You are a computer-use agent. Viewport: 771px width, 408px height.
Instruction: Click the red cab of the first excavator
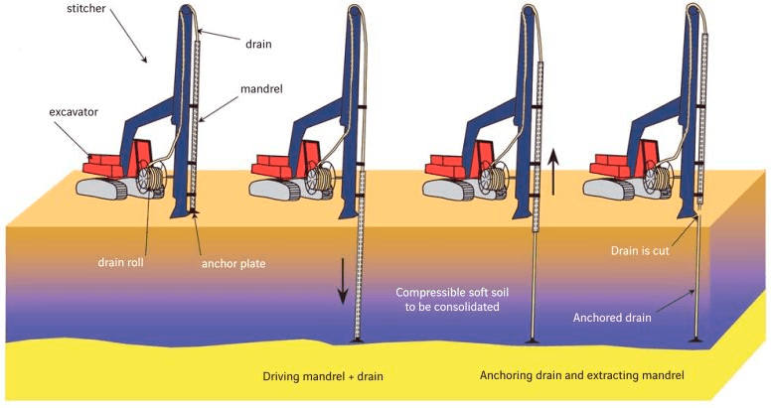(x=141, y=156)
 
